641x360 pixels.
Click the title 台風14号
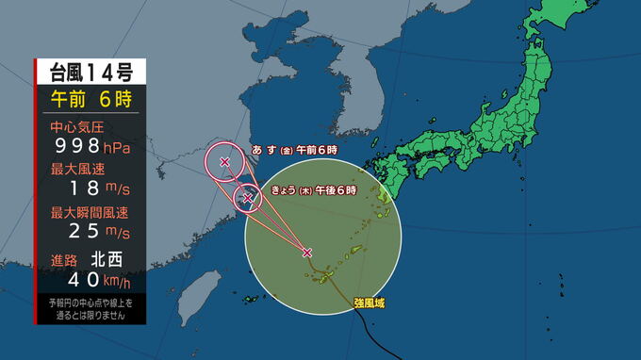pyautogui.click(x=83, y=72)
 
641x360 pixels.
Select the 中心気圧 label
pyautogui.click(x=74, y=126)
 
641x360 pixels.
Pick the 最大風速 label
pyautogui.click(x=74, y=170)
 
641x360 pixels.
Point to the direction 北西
pyautogui.click(x=105, y=258)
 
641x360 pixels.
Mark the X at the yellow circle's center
pyautogui.click(x=307, y=252)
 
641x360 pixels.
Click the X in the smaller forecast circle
pyautogui.click(x=249, y=198)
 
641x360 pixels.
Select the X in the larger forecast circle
pyautogui.click(x=225, y=161)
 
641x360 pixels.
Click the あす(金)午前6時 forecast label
pyautogui.click(x=297, y=149)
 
